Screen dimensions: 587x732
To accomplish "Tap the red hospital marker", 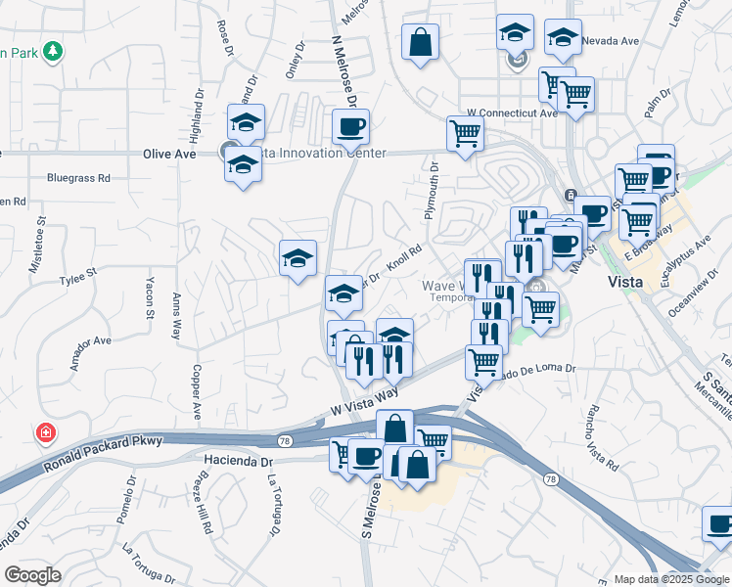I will [x=43, y=432].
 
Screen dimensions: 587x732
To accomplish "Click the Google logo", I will [x=32, y=575].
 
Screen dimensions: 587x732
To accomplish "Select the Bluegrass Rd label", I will [x=78, y=179].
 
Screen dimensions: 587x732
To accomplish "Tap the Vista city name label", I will [x=625, y=282].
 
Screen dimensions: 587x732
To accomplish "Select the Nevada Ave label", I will [x=610, y=41].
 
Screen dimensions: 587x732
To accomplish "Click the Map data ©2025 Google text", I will [x=671, y=579].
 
